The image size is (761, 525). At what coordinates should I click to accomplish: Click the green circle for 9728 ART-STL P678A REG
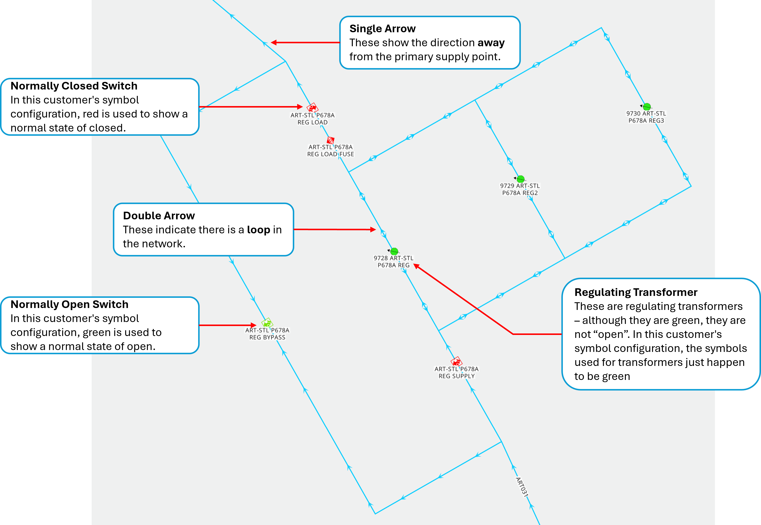394,252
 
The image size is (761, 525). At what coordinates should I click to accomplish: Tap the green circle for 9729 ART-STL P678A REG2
520,179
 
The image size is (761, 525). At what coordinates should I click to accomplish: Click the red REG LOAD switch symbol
312,108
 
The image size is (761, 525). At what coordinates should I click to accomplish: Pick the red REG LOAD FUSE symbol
331,140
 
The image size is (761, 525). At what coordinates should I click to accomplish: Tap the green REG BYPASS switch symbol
267,323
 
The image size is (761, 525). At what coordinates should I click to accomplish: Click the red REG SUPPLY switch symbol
456,361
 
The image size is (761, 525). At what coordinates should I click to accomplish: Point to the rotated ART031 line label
521,487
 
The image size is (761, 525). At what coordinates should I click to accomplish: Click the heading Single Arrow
382,29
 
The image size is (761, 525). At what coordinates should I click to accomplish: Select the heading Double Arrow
159,216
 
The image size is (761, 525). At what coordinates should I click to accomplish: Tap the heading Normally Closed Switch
74,86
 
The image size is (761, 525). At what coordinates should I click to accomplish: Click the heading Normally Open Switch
69,304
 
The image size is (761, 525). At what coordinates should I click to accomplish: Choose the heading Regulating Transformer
636,292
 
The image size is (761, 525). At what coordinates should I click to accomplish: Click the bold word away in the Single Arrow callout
491,43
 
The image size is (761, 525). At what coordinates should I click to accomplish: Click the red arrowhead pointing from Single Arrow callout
274,42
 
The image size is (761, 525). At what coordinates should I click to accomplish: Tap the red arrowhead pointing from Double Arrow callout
373,230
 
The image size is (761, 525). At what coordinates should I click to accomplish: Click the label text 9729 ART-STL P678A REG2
520,189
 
